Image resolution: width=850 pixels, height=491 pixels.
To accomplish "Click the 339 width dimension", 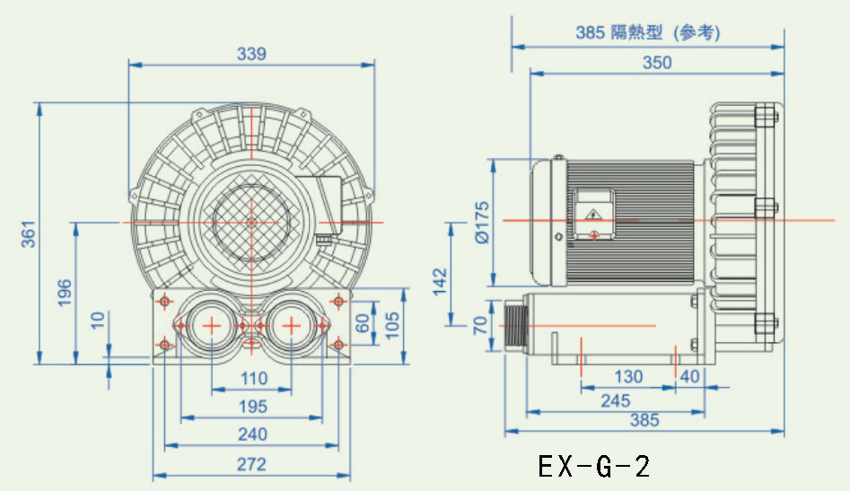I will coord(252,54).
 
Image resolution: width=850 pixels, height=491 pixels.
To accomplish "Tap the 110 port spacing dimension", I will coord(254,379).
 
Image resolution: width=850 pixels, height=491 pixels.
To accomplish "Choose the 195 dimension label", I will coord(253,407).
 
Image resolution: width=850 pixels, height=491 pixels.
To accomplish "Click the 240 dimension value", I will coord(253,434).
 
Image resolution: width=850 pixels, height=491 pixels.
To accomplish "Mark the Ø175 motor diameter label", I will coord(480,222).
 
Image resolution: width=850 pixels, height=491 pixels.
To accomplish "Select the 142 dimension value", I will coord(437,282).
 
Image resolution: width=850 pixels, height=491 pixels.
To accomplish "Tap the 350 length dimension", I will coord(657,63).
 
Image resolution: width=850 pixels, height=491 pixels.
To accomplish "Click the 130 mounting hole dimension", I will coord(627,377).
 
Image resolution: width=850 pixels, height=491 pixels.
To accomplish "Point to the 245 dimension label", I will coord(615,401).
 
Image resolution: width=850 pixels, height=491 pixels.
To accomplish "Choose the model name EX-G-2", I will coord(593,466).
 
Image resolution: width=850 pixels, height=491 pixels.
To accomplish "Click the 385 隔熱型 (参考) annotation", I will coord(648,33).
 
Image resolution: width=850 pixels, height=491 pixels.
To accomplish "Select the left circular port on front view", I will coord(212,326).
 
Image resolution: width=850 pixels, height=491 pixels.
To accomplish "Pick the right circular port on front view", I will coord(292,326).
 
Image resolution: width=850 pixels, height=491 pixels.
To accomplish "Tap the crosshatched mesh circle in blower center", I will coord(252,221).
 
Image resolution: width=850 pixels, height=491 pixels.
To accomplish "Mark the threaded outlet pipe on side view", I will coord(516,325).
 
